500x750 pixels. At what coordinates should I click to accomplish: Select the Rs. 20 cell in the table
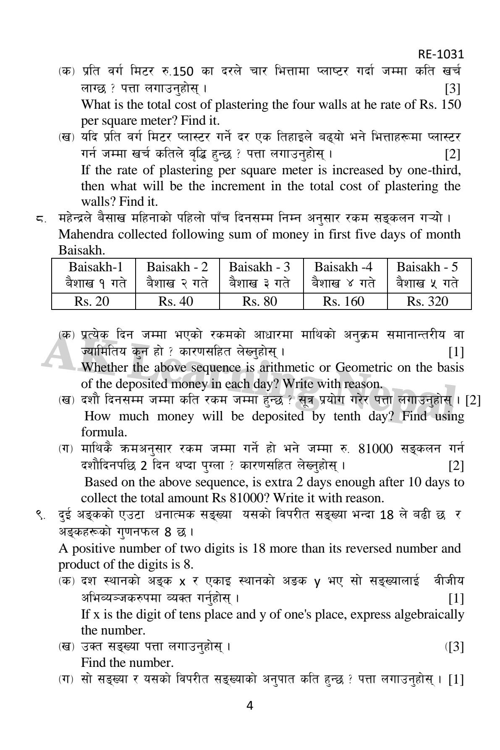pyautogui.click(x=93, y=301)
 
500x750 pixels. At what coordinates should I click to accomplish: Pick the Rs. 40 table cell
pyautogui.click(x=177, y=301)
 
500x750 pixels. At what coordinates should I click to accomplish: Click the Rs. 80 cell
pyautogui.click(x=261, y=301)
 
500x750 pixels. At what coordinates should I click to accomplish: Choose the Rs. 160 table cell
pyautogui.click(x=344, y=301)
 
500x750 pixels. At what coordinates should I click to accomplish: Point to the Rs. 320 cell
pyautogui.click(x=428, y=301)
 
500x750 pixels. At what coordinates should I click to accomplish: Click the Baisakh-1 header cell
pyautogui.click(x=93, y=267)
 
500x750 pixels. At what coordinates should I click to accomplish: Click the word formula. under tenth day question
pyautogui.click(x=104, y=432)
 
